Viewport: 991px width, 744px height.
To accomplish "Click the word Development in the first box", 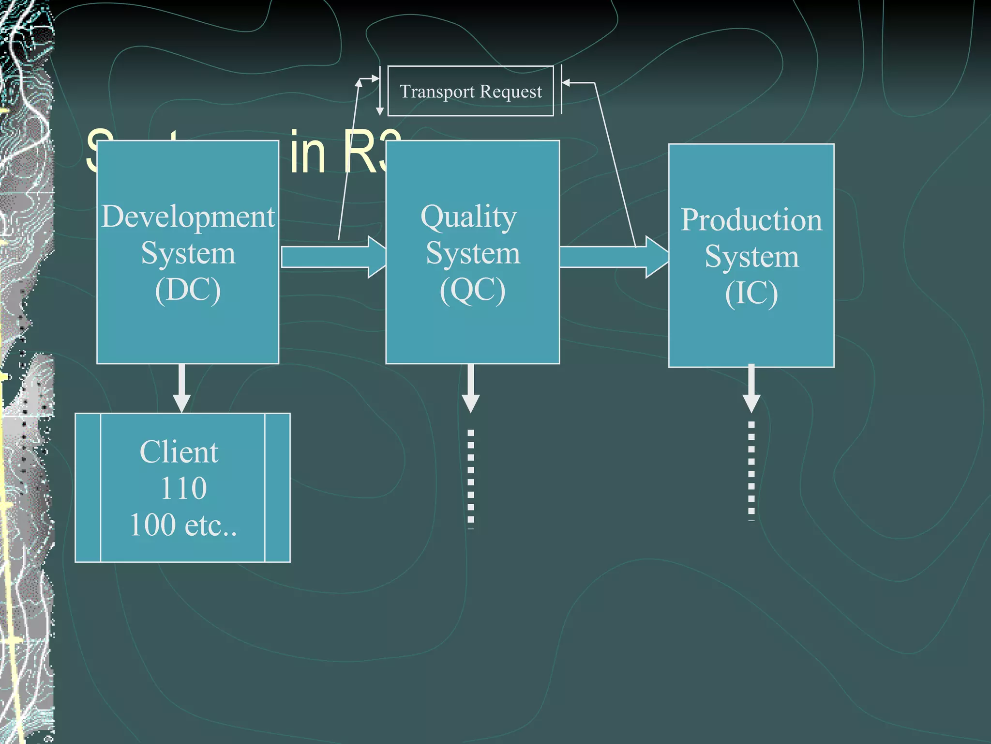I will click(x=188, y=217).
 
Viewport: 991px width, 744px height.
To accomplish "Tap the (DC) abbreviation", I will click(x=188, y=290).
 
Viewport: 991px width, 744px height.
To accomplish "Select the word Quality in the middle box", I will click(x=468, y=217).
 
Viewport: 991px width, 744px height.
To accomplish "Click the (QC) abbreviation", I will click(x=472, y=290).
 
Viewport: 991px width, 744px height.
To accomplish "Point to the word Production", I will click(x=751, y=220).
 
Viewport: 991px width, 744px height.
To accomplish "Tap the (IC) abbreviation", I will click(x=751, y=293).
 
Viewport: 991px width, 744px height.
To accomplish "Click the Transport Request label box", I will click(x=470, y=91).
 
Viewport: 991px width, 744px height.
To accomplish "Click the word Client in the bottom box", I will click(x=179, y=452).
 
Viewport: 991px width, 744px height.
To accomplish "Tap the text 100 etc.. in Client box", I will click(x=183, y=525).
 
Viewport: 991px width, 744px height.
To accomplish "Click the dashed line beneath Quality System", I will click(x=470, y=477).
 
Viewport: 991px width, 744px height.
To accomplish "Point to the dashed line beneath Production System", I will click(x=751, y=470).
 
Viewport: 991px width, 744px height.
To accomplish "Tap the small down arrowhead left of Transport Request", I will click(x=380, y=111).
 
